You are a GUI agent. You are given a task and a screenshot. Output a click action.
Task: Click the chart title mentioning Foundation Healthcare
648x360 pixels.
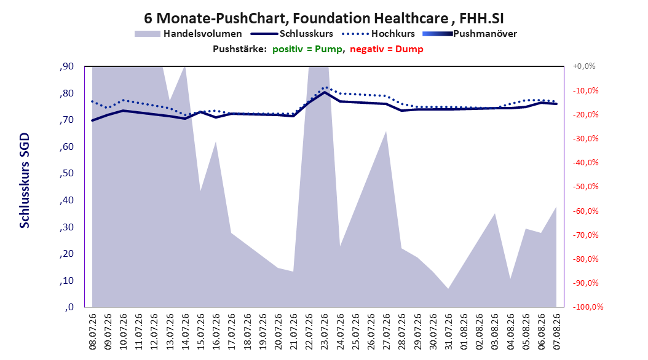323,18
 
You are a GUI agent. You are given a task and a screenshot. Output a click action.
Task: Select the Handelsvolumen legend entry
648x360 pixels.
188,34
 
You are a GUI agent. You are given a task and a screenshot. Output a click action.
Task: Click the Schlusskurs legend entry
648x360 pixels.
292,34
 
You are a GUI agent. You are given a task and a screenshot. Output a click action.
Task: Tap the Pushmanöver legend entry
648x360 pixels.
470,34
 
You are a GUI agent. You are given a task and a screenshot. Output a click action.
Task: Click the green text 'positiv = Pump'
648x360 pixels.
307,49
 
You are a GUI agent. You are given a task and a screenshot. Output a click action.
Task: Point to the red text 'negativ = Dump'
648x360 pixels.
387,49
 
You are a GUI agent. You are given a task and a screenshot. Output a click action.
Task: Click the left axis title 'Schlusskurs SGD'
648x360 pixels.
25,181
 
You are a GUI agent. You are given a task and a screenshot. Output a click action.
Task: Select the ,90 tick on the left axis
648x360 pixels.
66,66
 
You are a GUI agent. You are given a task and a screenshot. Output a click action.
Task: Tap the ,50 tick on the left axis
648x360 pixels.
66,173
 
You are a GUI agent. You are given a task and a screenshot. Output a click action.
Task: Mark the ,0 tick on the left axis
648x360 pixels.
69,307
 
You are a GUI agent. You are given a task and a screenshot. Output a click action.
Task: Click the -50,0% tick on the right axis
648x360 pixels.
585,187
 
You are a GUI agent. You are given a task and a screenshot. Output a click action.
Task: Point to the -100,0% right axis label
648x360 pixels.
588,307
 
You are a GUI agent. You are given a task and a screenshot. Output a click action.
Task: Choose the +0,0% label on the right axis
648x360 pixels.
584,66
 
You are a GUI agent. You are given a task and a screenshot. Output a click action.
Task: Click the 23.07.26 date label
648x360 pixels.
325,332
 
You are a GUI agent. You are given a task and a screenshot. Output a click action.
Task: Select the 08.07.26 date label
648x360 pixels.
93,332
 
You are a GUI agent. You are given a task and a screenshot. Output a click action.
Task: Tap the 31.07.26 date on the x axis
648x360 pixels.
448,332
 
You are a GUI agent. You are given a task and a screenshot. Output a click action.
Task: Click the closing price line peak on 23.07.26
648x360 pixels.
325,92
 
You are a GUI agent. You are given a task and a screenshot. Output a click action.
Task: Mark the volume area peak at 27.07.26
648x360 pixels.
386,131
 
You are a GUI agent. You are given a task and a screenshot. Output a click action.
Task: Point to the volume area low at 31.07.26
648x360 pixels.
448,289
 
